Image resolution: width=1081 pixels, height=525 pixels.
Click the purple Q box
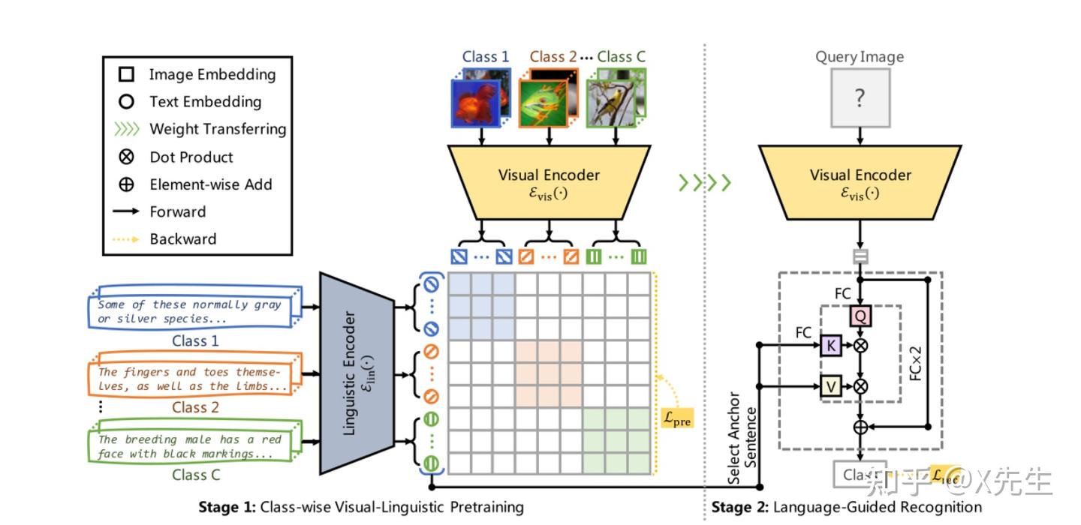860,316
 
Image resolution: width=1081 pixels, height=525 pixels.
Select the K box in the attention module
831,346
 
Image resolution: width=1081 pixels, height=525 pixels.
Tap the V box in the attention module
831,386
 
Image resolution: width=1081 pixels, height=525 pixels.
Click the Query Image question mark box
860,98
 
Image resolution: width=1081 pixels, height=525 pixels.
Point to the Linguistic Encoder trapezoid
357,373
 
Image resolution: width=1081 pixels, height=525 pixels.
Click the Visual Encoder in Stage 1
549,182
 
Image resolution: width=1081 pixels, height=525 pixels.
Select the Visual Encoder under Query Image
860,182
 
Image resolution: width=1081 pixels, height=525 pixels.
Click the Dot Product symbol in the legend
127,157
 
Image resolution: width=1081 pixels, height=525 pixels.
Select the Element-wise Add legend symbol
127,184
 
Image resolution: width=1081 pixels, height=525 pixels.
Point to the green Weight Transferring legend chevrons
127,129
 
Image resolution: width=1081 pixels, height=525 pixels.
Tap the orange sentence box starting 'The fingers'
193,379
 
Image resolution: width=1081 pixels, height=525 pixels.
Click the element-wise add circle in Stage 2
860,427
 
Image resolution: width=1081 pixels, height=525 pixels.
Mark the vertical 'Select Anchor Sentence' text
742,438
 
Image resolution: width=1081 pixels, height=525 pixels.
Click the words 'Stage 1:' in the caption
227,507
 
